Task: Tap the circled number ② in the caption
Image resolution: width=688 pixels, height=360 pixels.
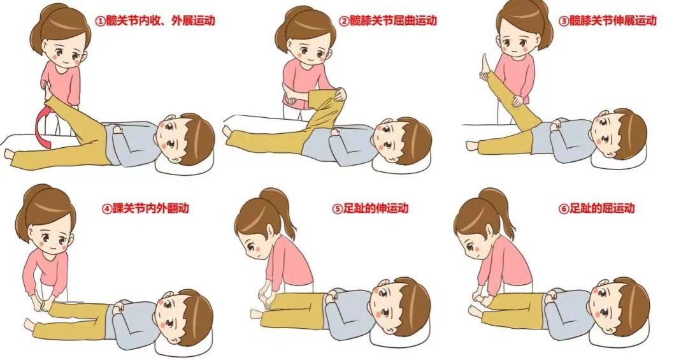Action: coord(344,21)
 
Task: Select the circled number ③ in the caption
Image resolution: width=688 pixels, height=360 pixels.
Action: coord(563,21)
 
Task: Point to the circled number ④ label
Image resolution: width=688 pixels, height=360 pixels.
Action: coord(107,208)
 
